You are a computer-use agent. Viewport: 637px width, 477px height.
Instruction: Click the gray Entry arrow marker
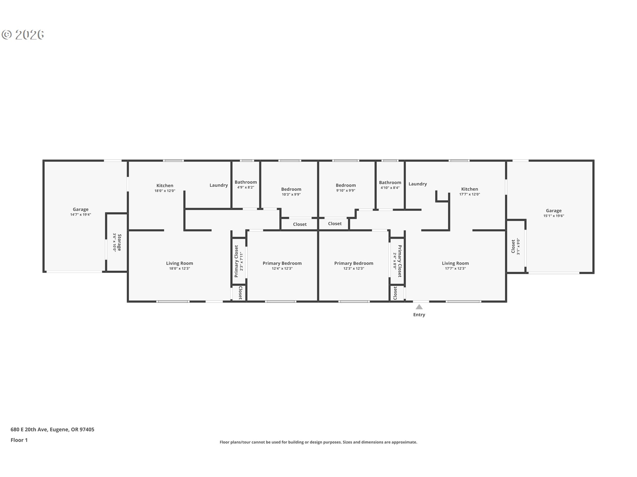click(419, 307)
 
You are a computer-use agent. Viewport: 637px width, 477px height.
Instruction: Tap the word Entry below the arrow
click(419, 315)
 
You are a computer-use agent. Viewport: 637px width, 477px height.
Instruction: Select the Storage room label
click(119, 242)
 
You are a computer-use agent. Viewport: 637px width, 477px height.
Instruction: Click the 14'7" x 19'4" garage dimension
click(81, 215)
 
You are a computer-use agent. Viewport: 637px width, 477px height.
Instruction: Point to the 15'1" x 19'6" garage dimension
click(554, 216)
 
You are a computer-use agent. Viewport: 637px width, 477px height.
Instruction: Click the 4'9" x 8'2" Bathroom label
click(246, 182)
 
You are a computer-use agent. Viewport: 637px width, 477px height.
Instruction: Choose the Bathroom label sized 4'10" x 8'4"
click(390, 183)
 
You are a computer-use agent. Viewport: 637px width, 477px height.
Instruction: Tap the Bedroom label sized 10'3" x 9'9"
click(291, 189)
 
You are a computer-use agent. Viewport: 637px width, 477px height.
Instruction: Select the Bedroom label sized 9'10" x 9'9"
click(346, 185)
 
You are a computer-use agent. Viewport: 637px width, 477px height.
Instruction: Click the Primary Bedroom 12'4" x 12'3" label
click(282, 263)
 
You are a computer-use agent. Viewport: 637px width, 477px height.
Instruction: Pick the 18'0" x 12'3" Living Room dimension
click(179, 269)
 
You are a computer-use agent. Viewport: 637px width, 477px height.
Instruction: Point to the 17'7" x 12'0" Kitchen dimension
click(470, 194)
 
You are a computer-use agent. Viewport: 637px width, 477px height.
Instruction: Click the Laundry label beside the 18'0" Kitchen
click(219, 185)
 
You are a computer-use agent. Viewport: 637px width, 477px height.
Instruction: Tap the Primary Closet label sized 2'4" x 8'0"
click(400, 261)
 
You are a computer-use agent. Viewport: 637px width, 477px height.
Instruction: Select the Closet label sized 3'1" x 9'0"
click(513, 246)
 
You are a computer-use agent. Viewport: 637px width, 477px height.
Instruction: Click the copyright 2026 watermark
click(23, 35)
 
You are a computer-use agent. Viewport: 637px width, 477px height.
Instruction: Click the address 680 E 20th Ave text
click(29, 430)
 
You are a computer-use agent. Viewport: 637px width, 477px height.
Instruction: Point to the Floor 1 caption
click(19, 440)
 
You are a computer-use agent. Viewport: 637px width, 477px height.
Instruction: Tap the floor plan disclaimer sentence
click(318, 442)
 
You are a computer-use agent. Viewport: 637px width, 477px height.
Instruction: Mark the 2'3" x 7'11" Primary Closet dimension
click(242, 262)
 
